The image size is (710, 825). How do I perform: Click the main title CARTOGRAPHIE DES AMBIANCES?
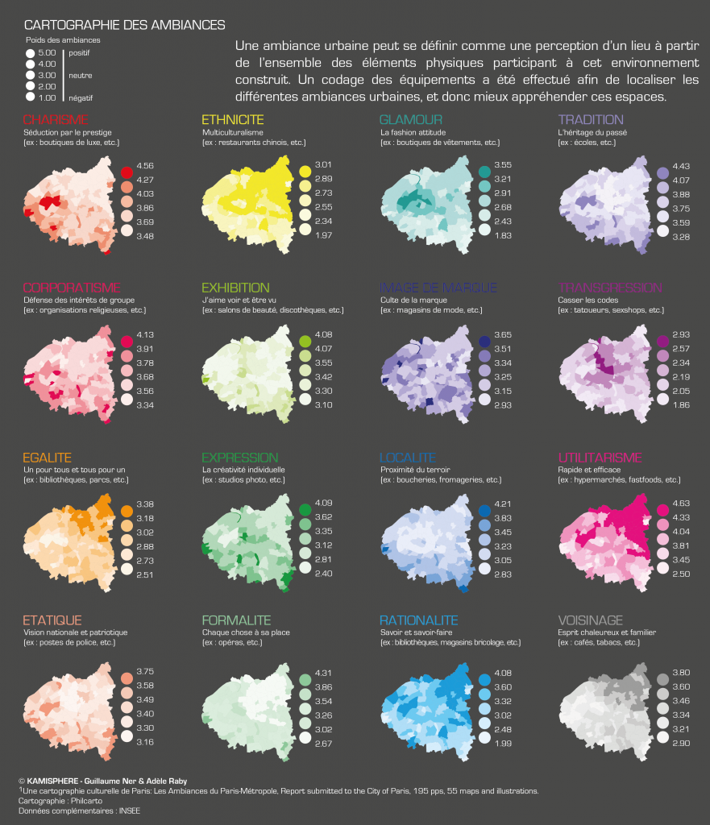[x=125, y=26]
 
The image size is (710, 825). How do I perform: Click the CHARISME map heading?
[x=56, y=120]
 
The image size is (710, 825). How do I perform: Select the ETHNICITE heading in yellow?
[x=232, y=120]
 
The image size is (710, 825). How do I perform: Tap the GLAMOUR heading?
[x=411, y=120]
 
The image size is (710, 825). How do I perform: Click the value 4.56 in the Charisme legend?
[x=146, y=165]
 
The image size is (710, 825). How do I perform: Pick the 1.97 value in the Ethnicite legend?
[x=323, y=235]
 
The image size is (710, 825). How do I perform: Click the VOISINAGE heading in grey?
[x=591, y=620]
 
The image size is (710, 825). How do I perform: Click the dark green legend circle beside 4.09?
[x=305, y=510]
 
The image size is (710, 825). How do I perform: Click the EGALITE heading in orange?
[x=48, y=458]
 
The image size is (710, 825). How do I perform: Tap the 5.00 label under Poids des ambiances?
[x=47, y=52]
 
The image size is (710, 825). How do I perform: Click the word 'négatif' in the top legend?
[x=81, y=97]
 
